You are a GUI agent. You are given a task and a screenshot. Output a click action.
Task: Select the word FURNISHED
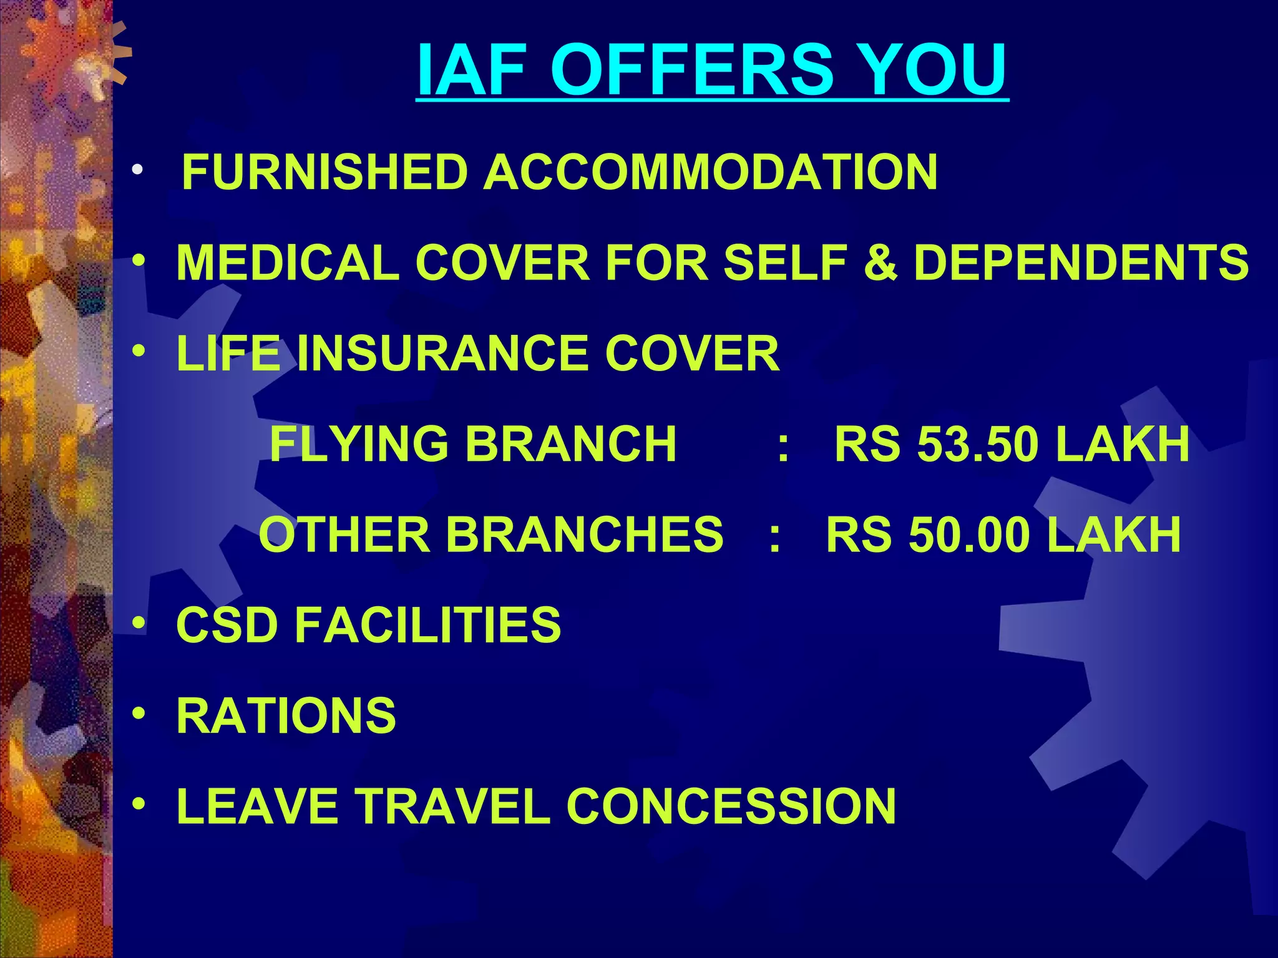324,172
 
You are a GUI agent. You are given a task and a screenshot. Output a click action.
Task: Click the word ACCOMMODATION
711,172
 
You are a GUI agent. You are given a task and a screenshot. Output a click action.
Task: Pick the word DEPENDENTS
1081,263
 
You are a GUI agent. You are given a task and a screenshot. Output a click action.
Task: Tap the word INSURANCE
443,353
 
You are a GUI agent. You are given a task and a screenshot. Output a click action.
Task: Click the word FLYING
359,443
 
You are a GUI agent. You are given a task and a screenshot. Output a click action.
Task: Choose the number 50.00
969,535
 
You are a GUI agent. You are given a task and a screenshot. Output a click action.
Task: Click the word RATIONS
286,715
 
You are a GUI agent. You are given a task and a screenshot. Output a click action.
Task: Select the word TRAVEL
453,806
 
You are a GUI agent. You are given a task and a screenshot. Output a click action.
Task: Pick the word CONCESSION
731,806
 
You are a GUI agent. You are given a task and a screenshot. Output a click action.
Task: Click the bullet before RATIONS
139,712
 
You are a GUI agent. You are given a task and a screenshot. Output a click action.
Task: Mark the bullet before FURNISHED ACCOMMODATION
138,170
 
